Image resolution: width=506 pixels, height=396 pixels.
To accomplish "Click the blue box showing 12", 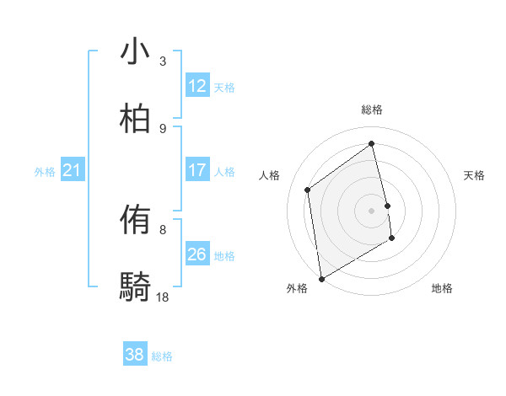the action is (197, 86).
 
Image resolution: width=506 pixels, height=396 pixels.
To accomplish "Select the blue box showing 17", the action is (197, 170).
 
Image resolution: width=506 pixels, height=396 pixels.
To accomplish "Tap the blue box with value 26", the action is (197, 254).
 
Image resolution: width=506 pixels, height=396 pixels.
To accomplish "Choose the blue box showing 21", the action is (73, 171).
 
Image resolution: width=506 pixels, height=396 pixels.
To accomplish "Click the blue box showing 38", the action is (135, 355).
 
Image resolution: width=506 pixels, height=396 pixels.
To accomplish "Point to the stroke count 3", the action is (163, 61).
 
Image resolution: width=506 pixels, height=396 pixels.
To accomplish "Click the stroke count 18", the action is (163, 297).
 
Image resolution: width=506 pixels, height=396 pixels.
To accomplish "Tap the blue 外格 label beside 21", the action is (45, 172).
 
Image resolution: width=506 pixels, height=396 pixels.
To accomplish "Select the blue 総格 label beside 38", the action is (162, 356).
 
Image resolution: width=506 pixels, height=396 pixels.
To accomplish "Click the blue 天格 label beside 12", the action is (224, 88).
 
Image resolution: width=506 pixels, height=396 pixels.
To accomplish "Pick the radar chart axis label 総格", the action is (372, 110).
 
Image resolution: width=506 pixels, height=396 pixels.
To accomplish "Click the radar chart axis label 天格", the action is (475, 175).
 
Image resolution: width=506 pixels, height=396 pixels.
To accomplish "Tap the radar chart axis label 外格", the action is (296, 288).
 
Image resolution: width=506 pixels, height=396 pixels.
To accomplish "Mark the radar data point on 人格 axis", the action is (308, 190).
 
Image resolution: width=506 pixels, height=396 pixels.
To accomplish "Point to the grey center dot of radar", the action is (372, 210).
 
